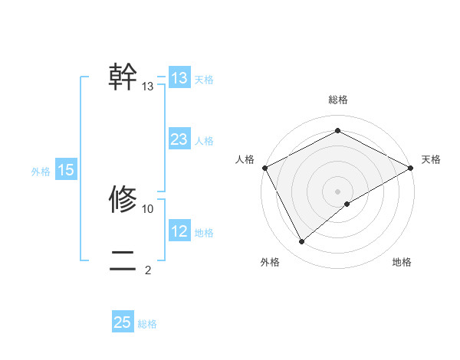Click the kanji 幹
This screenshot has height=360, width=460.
(123, 77)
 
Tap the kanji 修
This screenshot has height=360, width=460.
(123, 199)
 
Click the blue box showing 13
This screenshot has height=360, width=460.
(179, 78)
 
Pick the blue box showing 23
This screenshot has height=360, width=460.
(179, 139)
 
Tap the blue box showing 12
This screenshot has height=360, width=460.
(179, 231)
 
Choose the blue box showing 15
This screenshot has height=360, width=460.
(66, 171)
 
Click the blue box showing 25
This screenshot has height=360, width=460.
(123, 322)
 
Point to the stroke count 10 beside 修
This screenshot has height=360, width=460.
(148, 208)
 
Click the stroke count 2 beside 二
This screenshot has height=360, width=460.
(148, 270)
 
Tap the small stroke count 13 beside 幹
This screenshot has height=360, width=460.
(148, 87)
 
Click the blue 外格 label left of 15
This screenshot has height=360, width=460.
(41, 172)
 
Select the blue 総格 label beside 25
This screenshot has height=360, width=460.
(147, 324)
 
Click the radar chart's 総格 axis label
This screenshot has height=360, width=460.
(338, 100)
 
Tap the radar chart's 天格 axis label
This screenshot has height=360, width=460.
(432, 159)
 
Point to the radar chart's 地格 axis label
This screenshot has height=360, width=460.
(402, 263)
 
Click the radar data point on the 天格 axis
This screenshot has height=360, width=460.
(411, 167)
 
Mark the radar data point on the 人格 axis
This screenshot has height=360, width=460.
(264, 167)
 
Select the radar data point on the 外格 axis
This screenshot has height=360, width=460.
(301, 242)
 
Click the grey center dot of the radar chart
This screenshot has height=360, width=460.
(338, 191)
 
